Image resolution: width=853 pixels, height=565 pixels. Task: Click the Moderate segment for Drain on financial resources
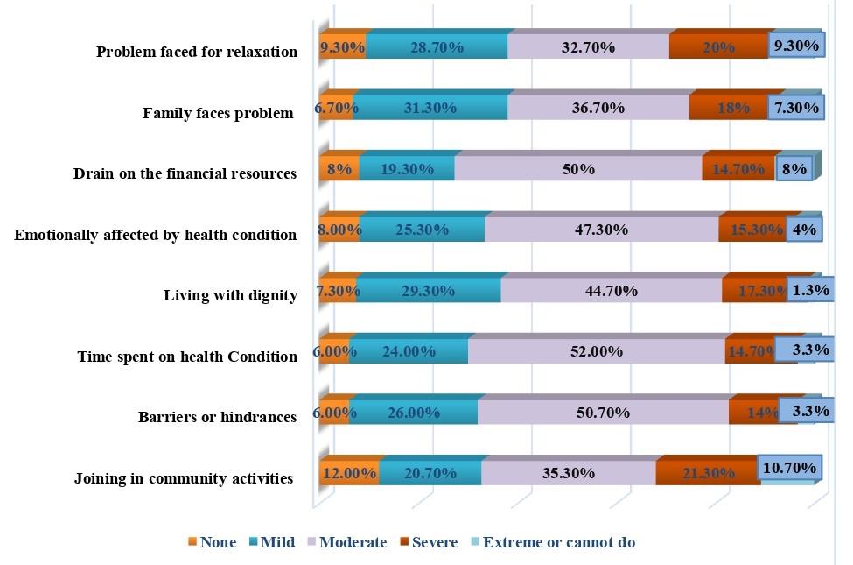coord(578,169)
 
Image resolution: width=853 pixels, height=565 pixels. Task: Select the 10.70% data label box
coord(788,469)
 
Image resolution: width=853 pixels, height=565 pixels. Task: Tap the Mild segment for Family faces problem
coord(430,109)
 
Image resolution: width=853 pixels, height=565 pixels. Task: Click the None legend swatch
coord(192,542)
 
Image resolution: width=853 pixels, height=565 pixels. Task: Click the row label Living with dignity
coord(230,295)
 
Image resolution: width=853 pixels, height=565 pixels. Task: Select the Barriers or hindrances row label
coord(217,417)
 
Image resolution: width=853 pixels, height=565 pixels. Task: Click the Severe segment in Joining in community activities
coord(707,473)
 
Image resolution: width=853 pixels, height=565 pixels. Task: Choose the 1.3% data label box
coord(811,289)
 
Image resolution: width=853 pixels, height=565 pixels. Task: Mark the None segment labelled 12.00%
coord(349,473)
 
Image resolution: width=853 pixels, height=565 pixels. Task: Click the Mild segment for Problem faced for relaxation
coord(437,47)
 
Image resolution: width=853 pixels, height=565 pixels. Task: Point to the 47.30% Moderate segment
coord(601,230)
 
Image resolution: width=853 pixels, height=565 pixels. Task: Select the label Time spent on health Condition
coord(187,357)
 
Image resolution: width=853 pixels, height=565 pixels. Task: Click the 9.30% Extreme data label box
coord(796,46)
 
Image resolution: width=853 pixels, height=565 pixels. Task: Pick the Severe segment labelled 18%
coord(732,109)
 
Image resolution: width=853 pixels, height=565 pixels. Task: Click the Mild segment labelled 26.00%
coord(414,412)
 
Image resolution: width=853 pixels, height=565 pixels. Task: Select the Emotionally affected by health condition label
coord(156,235)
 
